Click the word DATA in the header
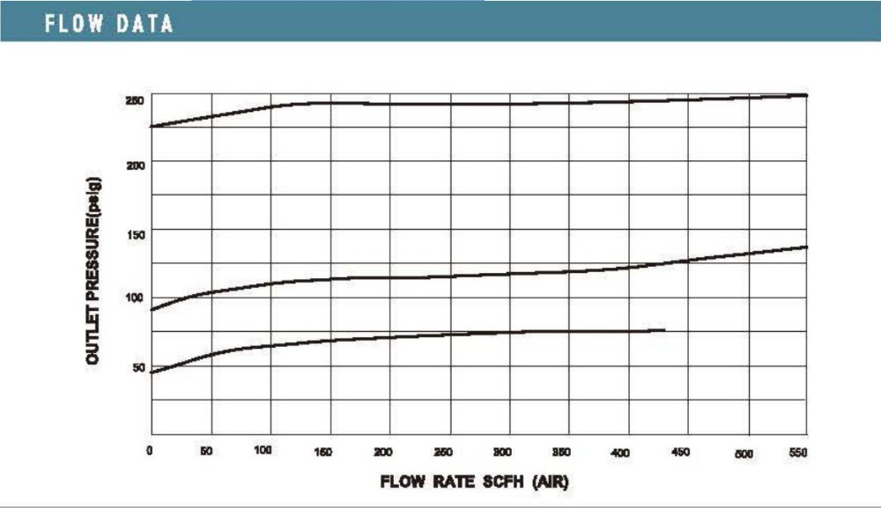pyautogui.click(x=144, y=24)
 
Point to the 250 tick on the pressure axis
pyautogui.click(x=134, y=100)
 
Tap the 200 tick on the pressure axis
pyautogui.click(x=134, y=165)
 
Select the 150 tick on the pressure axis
pyautogui.click(x=134, y=232)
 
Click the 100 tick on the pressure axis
pyautogui.click(x=134, y=298)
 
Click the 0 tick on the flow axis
pyautogui.click(x=152, y=451)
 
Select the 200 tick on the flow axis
pyautogui.click(x=383, y=452)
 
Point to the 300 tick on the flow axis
pyautogui.click(x=502, y=452)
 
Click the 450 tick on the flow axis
pyautogui.click(x=680, y=452)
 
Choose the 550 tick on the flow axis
pyautogui.click(x=799, y=452)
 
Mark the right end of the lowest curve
pyautogui.click(x=665, y=330)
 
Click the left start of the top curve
pyautogui.click(x=152, y=127)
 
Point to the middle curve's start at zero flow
pyautogui.click(x=152, y=310)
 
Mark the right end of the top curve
pyautogui.click(x=807, y=95)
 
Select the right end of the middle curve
pyautogui.click(x=807, y=247)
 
